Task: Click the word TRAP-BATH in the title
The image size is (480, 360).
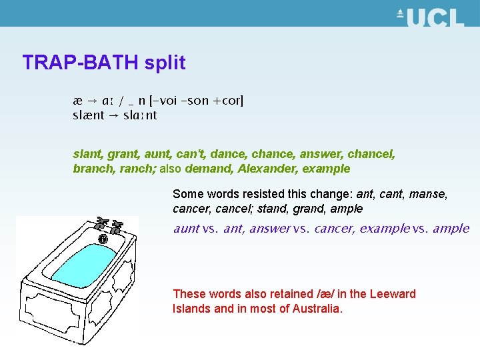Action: click(80, 63)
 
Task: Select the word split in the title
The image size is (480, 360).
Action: click(163, 63)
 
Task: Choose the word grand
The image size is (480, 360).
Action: click(313, 209)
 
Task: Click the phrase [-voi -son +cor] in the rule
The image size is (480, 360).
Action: click(197, 101)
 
